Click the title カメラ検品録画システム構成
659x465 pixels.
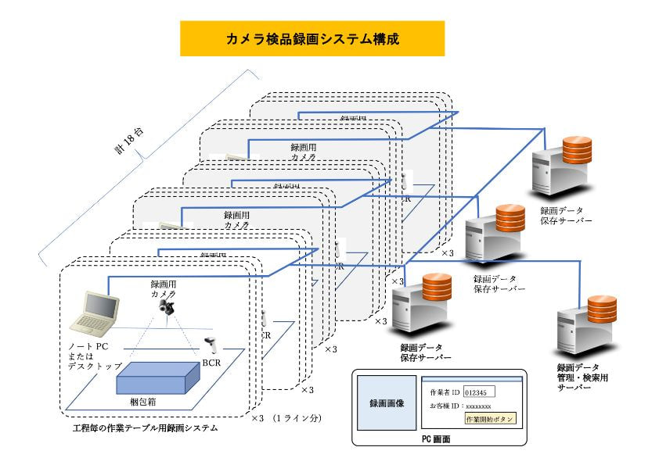pos(312,39)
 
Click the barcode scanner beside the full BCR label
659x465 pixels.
pos(211,345)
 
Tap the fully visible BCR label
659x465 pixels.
pos(212,362)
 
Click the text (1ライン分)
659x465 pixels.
pos(297,419)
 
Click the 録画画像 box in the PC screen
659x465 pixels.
pos(387,403)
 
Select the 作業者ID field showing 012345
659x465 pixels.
pos(479,392)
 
